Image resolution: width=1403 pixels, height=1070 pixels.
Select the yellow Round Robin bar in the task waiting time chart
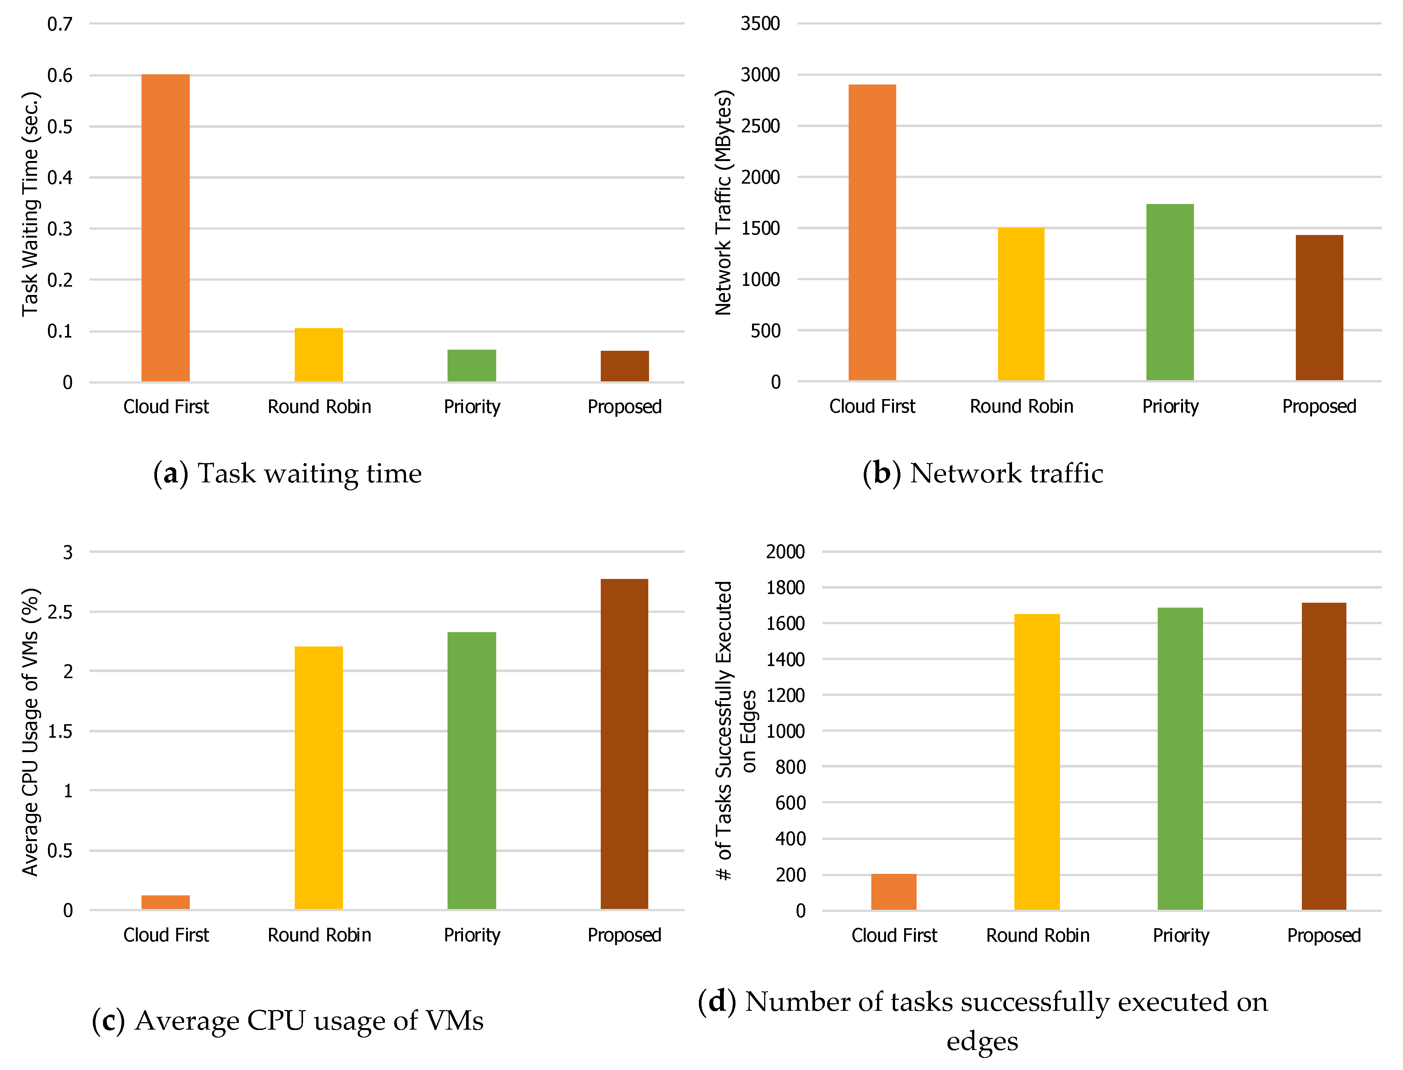click(x=318, y=355)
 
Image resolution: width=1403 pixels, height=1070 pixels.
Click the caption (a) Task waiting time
click(x=287, y=473)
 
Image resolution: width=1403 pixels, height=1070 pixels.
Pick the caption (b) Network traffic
click(x=983, y=473)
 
